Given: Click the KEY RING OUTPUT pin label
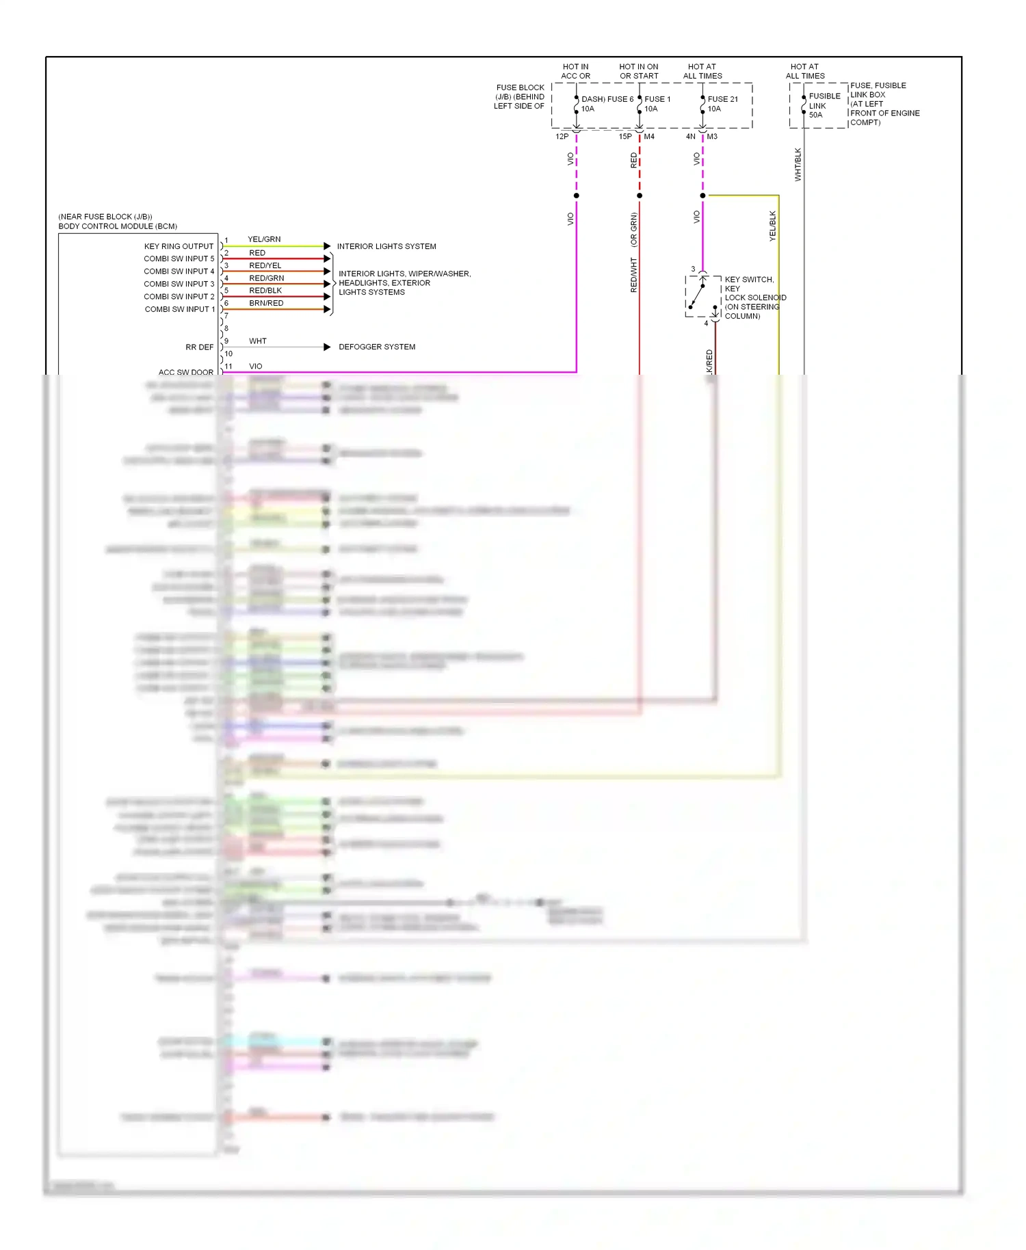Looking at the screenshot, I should pyautogui.click(x=179, y=246).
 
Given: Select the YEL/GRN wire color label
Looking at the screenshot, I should pyautogui.click(x=264, y=239).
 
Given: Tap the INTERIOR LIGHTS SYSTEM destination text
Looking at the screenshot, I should pyautogui.click(x=386, y=246).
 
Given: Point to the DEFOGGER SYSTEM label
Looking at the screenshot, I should pyautogui.click(x=377, y=347).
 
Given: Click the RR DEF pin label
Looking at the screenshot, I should pyautogui.click(x=199, y=347).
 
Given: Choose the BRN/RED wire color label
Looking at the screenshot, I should pyautogui.click(x=266, y=303).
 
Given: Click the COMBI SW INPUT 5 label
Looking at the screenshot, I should pyautogui.click(x=179, y=258).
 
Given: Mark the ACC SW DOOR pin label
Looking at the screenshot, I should pyautogui.click(x=185, y=372).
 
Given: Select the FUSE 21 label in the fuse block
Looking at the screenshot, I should pyautogui.click(x=722, y=99).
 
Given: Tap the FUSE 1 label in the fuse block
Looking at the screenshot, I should pyautogui.click(x=657, y=99).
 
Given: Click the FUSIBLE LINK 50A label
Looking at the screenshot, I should pyautogui.click(x=824, y=105).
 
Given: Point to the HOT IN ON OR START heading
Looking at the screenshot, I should pyautogui.click(x=639, y=71).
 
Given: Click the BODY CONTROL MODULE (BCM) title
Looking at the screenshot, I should pyautogui.click(x=118, y=226).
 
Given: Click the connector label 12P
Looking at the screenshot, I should pyautogui.click(x=562, y=137).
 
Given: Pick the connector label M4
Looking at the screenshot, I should pyautogui.click(x=649, y=137).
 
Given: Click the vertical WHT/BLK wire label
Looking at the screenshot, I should pyautogui.click(x=798, y=164).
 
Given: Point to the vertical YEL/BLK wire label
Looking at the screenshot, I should pyautogui.click(x=773, y=226).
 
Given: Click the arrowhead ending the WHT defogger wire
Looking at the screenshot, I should pyautogui.click(x=327, y=347).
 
